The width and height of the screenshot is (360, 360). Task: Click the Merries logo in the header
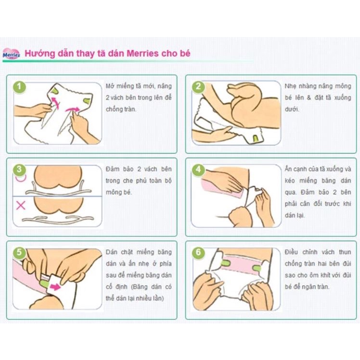coord(11,53)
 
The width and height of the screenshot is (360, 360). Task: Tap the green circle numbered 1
coord(19,87)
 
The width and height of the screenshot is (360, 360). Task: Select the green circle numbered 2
coord(198,87)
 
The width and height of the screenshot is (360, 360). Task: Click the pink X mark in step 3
coord(21,206)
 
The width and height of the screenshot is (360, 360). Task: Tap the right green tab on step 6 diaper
coord(256,267)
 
